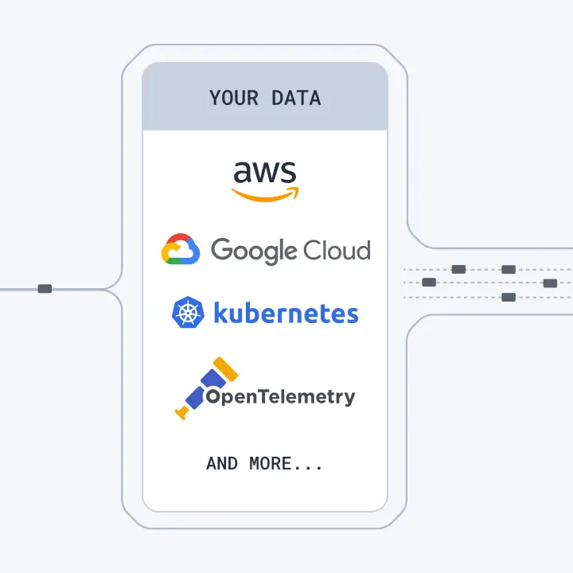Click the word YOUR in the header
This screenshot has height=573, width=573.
[x=234, y=99]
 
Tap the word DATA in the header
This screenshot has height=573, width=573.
[x=296, y=99]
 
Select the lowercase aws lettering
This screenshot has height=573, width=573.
[x=264, y=173]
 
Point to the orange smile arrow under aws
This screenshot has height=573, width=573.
[x=265, y=193]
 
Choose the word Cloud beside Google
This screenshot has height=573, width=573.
[x=327, y=251]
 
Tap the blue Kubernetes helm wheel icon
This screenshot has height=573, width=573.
[x=189, y=313]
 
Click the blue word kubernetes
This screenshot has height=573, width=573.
[x=286, y=313]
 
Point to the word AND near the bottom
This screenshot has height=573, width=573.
[x=222, y=463]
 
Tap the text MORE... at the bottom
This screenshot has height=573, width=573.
[x=286, y=463]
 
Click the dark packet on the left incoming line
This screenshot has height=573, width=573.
[x=45, y=288]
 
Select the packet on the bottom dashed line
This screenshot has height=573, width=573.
[x=509, y=298]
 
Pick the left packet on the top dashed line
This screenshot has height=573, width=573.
[x=458, y=269]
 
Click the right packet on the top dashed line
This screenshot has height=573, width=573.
[x=509, y=269]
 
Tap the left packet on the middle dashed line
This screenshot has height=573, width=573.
[x=429, y=283]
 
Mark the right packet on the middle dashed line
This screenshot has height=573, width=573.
[x=550, y=283]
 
